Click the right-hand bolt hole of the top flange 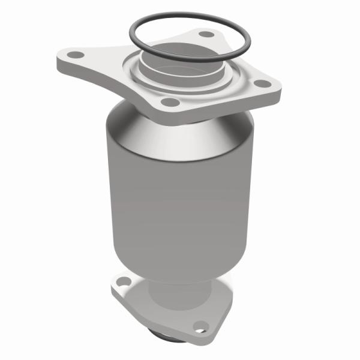pos(261,83)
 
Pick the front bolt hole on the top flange pos(171,103)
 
